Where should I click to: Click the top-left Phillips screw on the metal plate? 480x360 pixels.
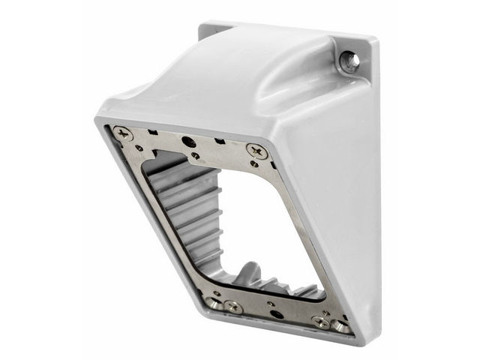click(x=122, y=135)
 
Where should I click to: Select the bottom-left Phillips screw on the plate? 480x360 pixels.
click(x=232, y=306)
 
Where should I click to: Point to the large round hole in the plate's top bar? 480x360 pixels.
click(x=190, y=142)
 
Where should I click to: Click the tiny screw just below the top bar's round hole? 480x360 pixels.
click(x=195, y=155)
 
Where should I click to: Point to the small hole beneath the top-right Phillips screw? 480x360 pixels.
click(x=254, y=163)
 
